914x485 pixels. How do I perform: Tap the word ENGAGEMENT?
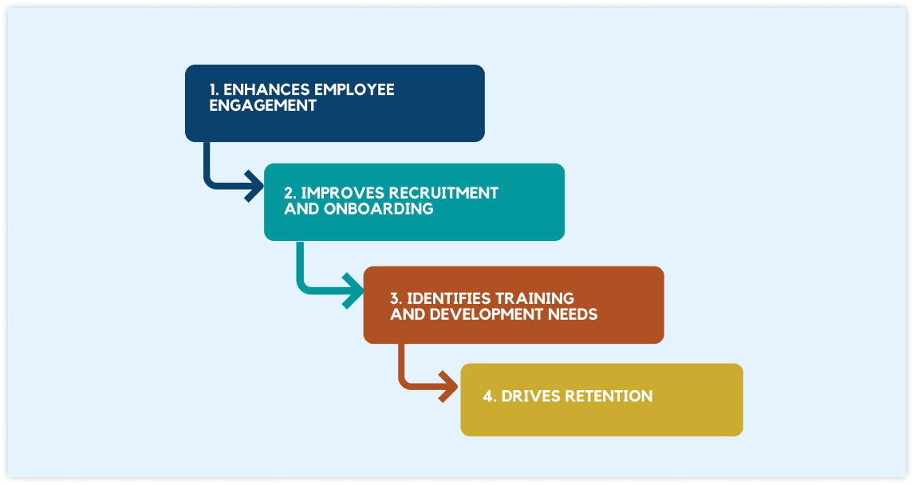pyautogui.click(x=262, y=105)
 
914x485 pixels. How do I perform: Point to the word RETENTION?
pyautogui.click(x=609, y=396)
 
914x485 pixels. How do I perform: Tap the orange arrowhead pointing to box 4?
pyautogui.click(x=447, y=388)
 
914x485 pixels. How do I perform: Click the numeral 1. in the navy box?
pyautogui.click(x=214, y=89)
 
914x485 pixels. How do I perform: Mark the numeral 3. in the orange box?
pyautogui.click(x=396, y=298)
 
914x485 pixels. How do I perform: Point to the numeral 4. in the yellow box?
pyautogui.click(x=489, y=396)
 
